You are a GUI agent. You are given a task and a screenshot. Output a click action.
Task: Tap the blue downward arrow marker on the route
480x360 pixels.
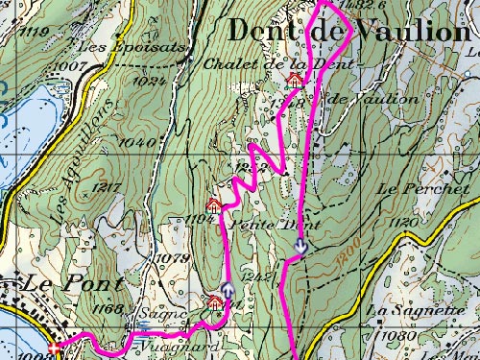pos(300,247)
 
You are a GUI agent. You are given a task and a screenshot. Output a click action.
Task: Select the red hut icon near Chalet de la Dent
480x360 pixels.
pos(295,80)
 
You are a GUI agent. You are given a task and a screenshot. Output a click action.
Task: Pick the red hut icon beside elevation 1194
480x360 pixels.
pos(214,204)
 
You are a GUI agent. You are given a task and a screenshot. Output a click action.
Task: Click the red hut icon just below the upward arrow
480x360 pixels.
pos(214,304)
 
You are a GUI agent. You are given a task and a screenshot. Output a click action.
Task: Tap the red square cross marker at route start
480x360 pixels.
pos(53,348)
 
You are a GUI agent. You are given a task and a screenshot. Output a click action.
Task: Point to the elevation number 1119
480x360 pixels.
pos(39,33)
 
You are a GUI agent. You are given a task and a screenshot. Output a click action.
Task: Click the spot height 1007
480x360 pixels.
pos(71,65)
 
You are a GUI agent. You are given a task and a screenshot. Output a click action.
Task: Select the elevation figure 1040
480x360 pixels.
pos(139,142)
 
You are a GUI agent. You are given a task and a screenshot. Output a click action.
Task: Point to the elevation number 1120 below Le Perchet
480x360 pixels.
pos(405,222)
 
